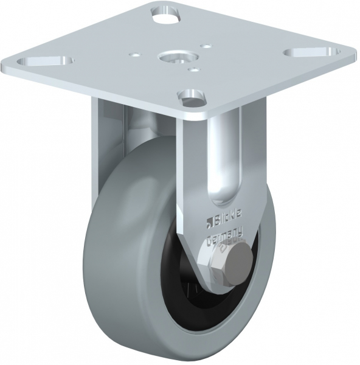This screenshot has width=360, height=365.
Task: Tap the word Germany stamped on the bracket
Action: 225,236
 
